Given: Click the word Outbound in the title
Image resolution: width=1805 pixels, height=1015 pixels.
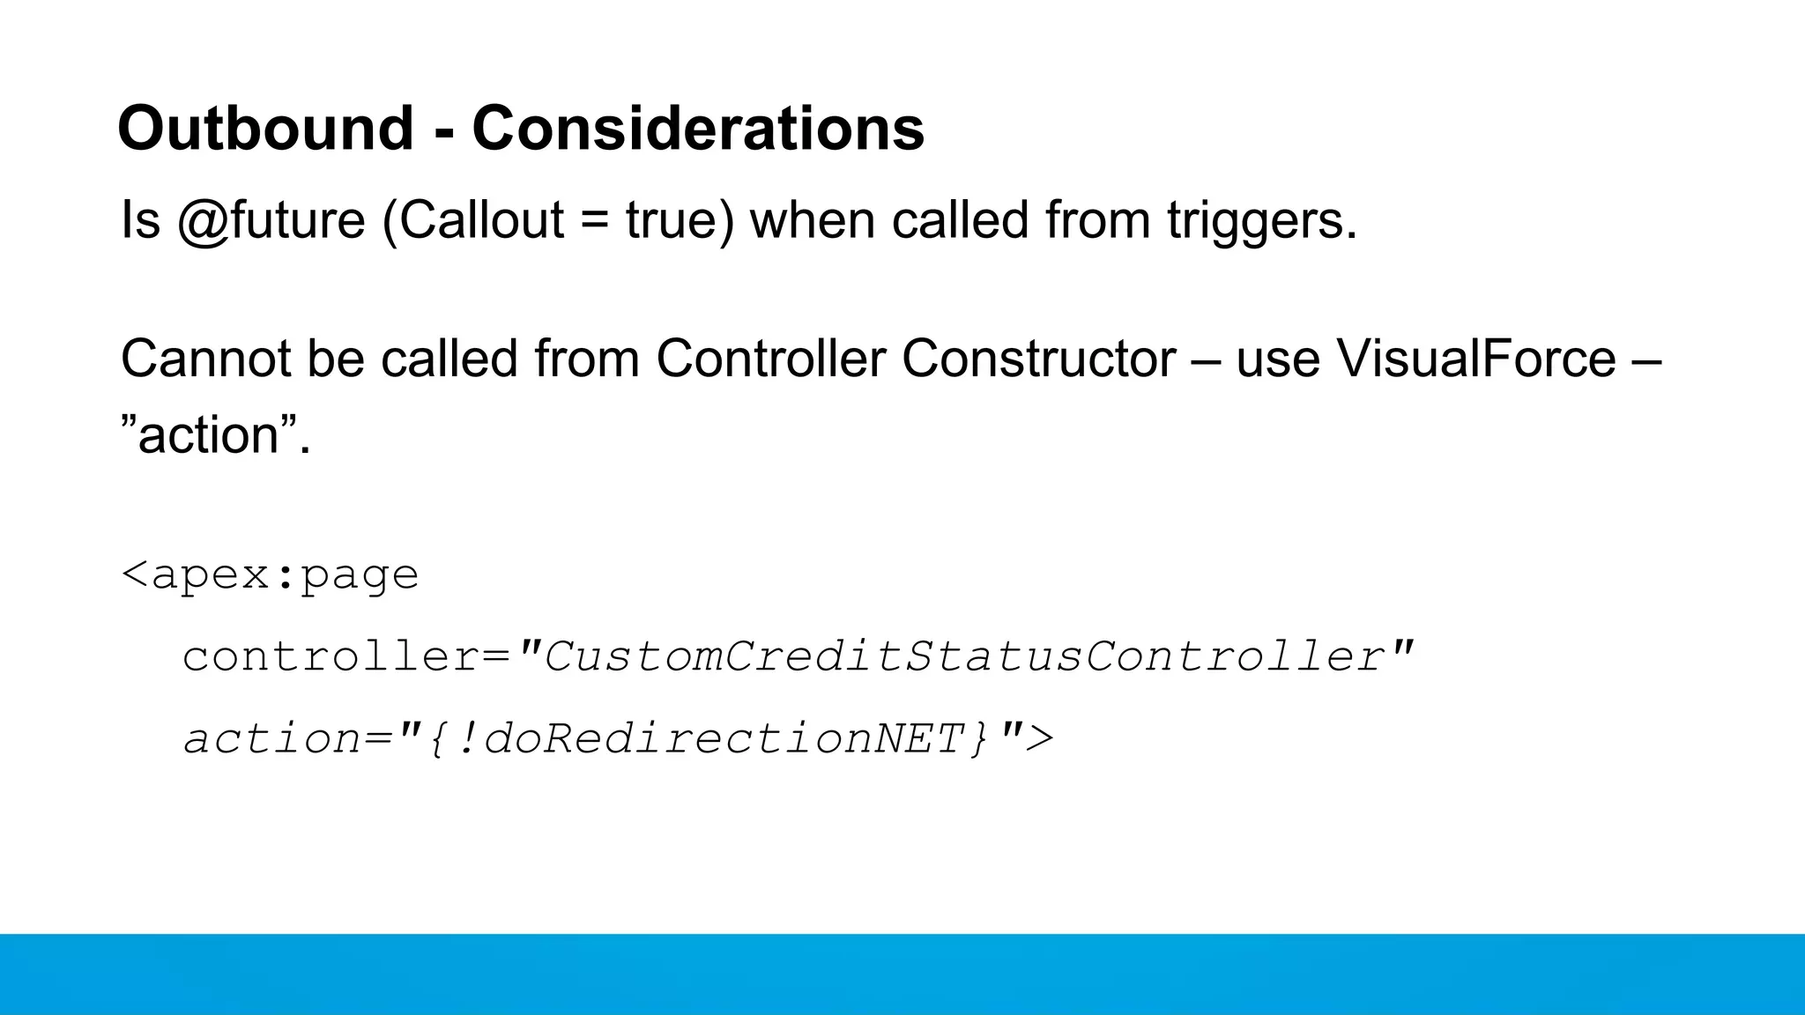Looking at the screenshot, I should (265, 129).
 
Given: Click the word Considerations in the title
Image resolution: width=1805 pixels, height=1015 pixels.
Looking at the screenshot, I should (698, 129).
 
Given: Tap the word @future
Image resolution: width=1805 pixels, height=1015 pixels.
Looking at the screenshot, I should (271, 219).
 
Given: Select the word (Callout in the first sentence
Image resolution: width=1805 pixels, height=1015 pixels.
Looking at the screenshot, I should (473, 219).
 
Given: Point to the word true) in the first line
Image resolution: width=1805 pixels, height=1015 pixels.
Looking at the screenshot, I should (680, 219).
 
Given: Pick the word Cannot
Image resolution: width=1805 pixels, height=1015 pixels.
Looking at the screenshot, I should (204, 359).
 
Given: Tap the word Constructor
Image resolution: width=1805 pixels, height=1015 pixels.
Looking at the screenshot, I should (1038, 359).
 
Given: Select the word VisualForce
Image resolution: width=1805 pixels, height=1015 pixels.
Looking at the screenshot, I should (1476, 359).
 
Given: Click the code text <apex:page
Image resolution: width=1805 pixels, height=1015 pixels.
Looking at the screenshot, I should (270, 575).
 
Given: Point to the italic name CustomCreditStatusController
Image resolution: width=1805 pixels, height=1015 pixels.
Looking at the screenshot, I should (965, 656).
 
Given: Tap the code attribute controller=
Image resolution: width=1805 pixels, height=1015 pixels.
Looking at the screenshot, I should (346, 656).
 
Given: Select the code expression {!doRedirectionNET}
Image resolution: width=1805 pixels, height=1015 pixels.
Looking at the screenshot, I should (710, 738).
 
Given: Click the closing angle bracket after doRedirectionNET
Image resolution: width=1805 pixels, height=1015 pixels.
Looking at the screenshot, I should (1041, 738).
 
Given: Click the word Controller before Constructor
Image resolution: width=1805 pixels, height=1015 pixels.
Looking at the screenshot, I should (770, 359).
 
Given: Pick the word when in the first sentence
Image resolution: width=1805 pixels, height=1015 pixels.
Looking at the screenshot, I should (812, 219).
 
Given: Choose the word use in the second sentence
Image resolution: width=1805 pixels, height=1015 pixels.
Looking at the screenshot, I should (1277, 360).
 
